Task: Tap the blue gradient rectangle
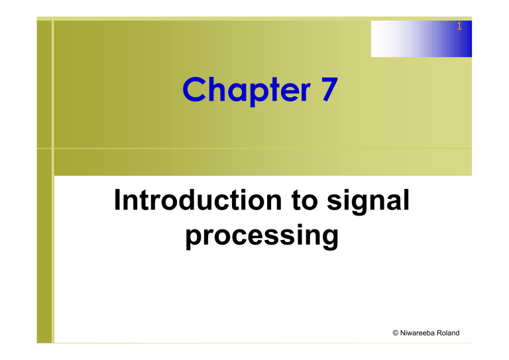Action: tap(421, 38)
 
